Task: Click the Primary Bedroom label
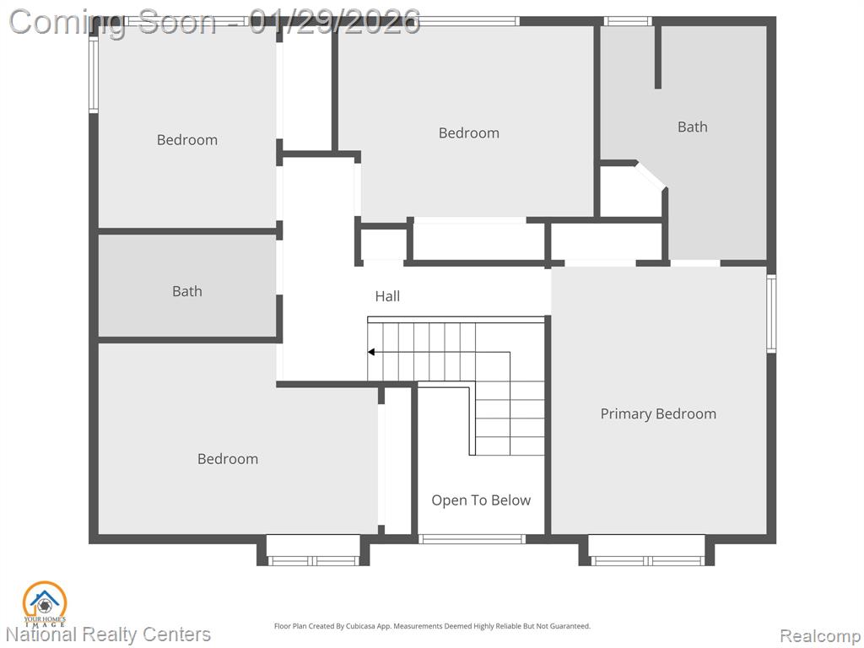click(658, 413)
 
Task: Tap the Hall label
click(387, 296)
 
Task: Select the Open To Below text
click(481, 500)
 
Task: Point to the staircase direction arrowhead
click(371, 352)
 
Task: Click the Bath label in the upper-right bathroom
click(692, 127)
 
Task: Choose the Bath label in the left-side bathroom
click(186, 291)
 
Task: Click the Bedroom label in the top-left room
click(186, 140)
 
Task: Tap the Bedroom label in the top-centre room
click(469, 132)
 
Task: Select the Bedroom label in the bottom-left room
click(228, 459)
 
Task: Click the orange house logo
click(45, 604)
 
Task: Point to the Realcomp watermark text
click(819, 635)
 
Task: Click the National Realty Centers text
click(108, 634)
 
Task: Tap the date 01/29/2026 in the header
click(334, 22)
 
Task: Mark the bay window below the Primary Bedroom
click(646, 550)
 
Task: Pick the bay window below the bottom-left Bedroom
click(313, 550)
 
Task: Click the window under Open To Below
click(471, 539)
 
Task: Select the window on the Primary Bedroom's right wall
click(771, 314)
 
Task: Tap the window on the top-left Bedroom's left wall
click(94, 75)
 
